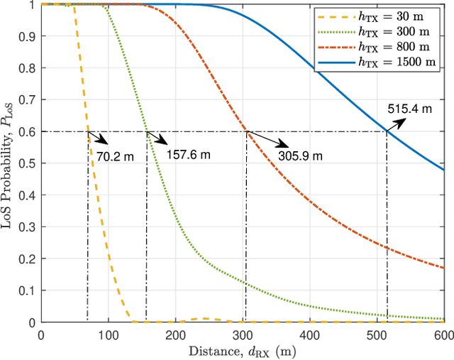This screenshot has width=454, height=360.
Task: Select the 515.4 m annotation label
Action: point(411,109)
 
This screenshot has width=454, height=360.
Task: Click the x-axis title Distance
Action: point(243,351)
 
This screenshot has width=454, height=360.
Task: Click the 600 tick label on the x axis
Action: point(443,334)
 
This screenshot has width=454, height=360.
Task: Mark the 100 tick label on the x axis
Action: point(108,334)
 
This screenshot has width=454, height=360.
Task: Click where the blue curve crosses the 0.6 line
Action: point(387,131)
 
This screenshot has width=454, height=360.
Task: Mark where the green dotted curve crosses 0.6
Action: point(146,131)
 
